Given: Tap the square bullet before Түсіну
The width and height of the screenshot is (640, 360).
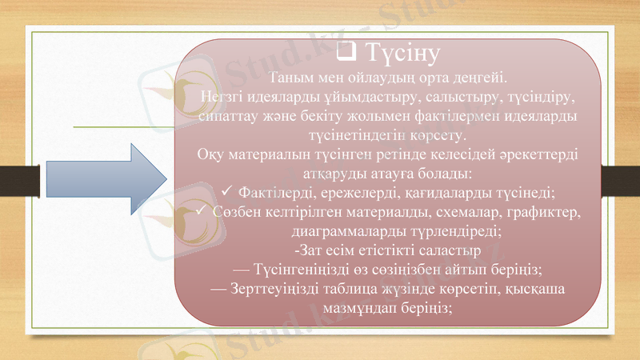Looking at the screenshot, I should pyautogui.click(x=347, y=54).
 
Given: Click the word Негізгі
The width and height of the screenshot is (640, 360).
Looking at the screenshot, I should pyautogui.click(x=226, y=97).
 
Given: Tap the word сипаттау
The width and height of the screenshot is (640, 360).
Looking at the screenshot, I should pyautogui.click(x=226, y=115).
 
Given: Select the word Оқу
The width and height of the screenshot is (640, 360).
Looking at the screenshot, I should pyautogui.click(x=210, y=154).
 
